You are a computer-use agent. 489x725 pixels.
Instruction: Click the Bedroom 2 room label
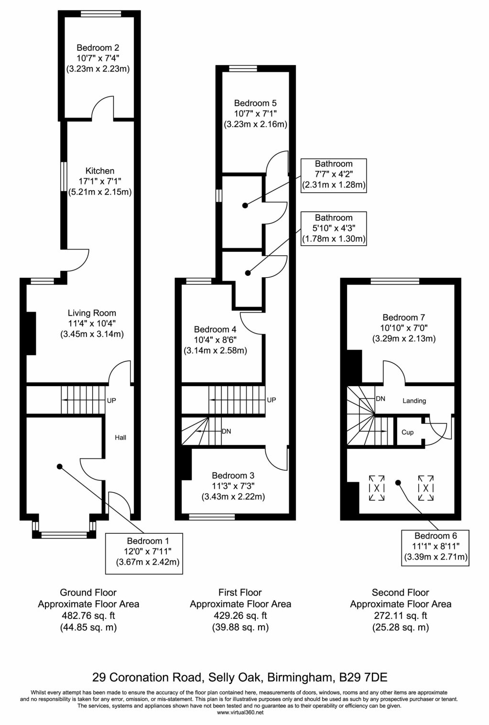[98, 48]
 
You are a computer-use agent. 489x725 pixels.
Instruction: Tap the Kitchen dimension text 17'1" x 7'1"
[99, 182]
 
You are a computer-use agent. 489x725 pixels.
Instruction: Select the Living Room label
[92, 313]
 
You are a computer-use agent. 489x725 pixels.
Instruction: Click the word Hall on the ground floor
[120, 437]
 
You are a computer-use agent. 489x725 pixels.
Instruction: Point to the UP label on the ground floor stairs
[111, 400]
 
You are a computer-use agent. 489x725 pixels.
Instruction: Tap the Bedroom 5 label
[255, 103]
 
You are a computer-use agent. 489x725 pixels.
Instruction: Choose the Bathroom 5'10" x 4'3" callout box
[334, 228]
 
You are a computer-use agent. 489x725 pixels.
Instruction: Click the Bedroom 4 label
[215, 329]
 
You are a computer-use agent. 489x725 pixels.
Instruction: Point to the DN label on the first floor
[227, 431]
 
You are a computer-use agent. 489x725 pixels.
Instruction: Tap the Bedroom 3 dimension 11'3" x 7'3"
[233, 486]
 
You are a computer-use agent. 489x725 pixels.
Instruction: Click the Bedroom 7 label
[404, 317]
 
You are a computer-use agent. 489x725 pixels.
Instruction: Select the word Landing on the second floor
[414, 400]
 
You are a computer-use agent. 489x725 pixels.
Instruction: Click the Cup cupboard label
[408, 432]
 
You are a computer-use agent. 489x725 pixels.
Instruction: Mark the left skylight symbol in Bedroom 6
[377, 488]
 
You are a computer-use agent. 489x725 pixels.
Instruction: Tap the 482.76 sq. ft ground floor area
[88, 616]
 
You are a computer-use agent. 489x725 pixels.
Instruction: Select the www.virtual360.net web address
[240, 712]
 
